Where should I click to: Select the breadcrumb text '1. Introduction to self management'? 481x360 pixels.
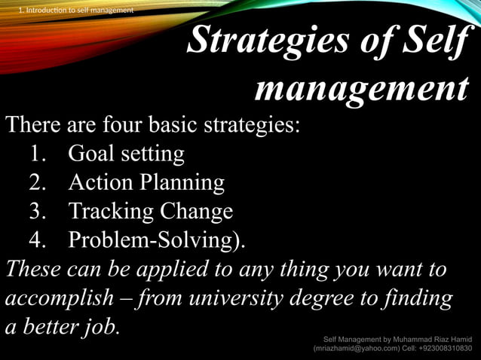75,10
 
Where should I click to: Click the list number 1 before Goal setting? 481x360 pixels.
39,154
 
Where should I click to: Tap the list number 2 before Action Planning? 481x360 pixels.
39,182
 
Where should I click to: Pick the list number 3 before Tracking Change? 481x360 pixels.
39,211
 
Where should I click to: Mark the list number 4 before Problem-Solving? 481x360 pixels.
39,239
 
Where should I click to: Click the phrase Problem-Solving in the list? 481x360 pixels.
151,239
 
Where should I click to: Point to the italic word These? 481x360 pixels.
31,269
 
